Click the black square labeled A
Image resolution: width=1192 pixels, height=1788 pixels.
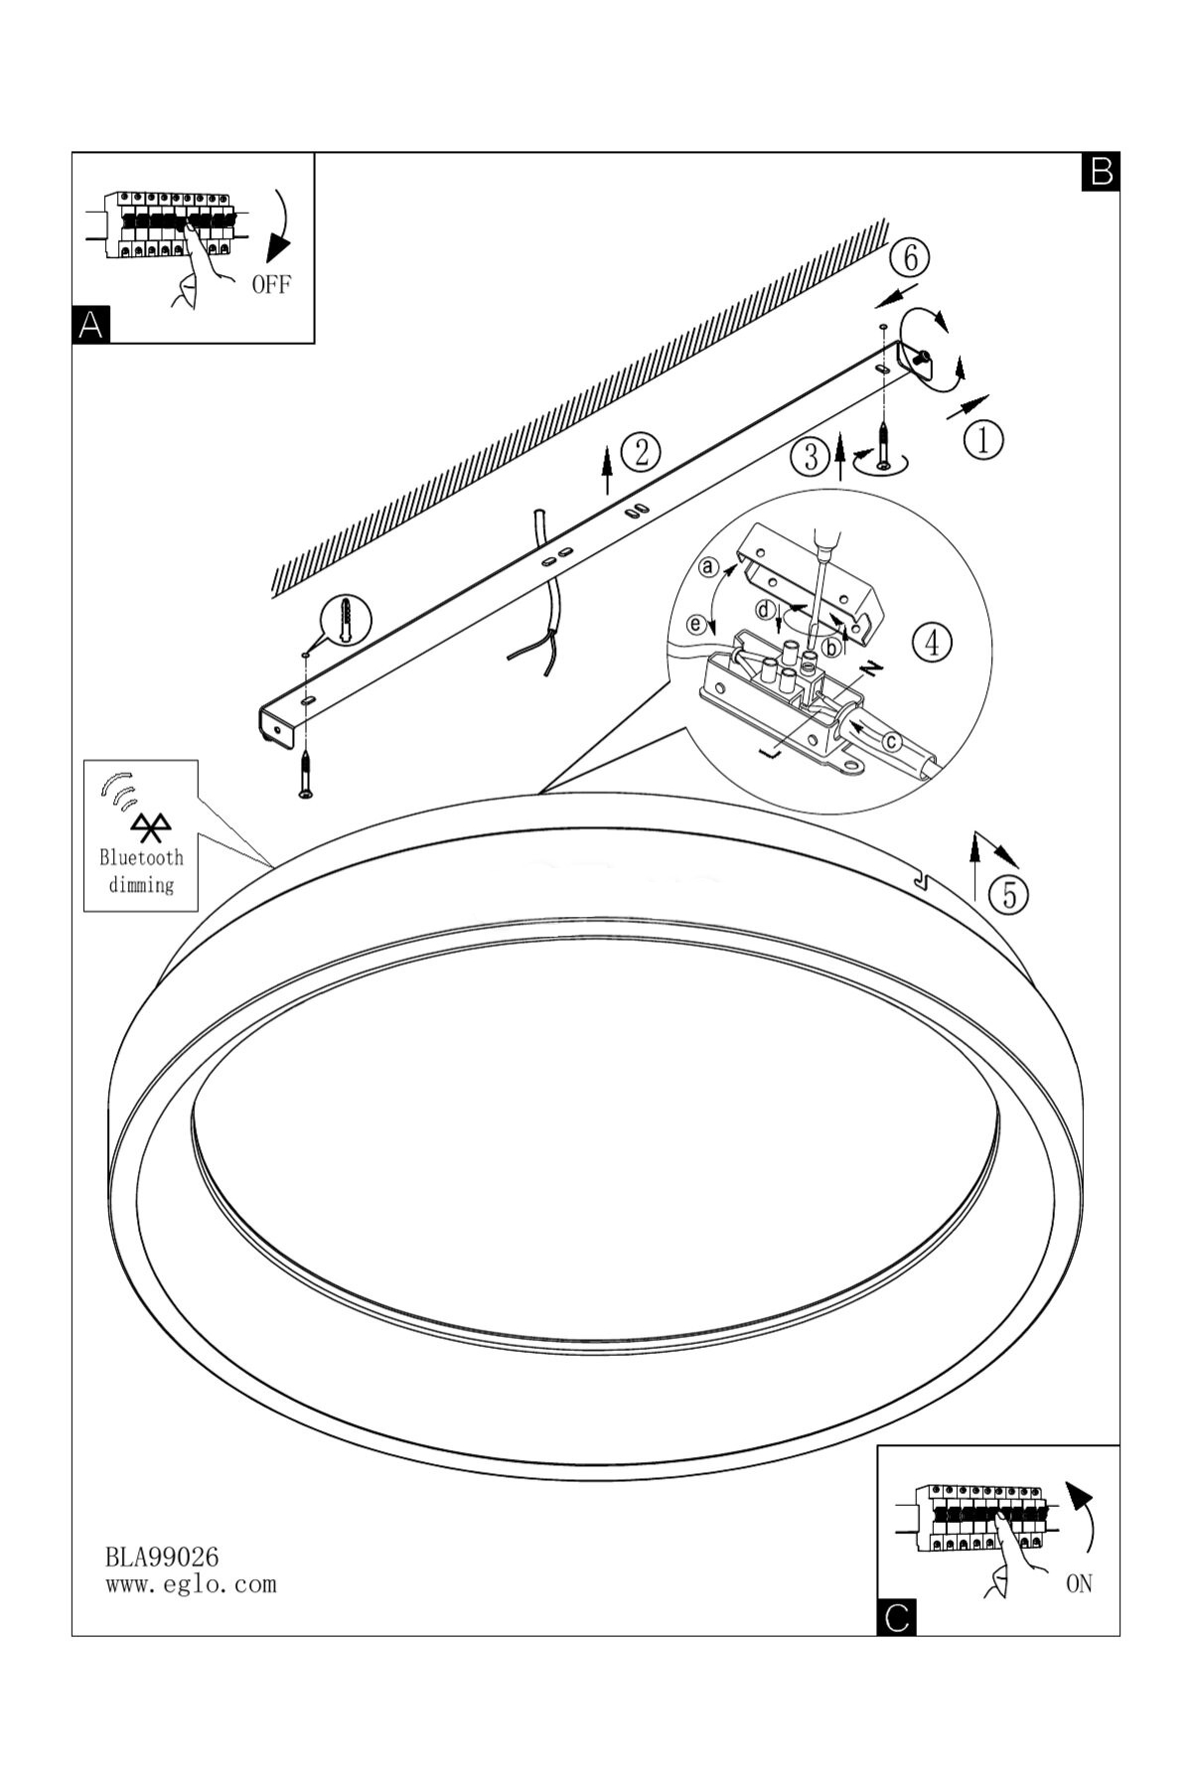[x=91, y=325]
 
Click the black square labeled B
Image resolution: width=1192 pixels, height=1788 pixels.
[x=1101, y=171]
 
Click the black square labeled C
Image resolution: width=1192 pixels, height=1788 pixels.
[x=897, y=1617]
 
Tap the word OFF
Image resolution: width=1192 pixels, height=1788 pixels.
[x=271, y=285]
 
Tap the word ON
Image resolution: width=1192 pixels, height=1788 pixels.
[x=1079, y=1584]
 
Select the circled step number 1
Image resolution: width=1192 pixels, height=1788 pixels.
[x=983, y=439]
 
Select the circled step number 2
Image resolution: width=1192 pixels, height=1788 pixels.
[x=641, y=452]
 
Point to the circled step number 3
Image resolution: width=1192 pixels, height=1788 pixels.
[x=811, y=458]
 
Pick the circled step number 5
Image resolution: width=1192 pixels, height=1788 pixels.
[x=1009, y=895]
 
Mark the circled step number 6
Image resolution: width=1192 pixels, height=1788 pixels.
[x=909, y=257]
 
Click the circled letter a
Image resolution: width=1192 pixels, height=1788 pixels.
[x=708, y=567]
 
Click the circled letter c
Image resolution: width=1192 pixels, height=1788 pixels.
[x=892, y=740]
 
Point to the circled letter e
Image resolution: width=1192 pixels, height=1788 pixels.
[x=697, y=625]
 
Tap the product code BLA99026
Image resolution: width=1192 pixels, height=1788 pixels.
[x=162, y=1557]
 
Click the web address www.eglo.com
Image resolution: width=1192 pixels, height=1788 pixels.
[x=191, y=1584]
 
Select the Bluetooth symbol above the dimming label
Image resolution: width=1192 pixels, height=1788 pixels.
[x=151, y=827]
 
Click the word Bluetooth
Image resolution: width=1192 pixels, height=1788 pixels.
[x=141, y=857]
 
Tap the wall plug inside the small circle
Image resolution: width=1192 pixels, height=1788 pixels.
[x=344, y=619]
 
